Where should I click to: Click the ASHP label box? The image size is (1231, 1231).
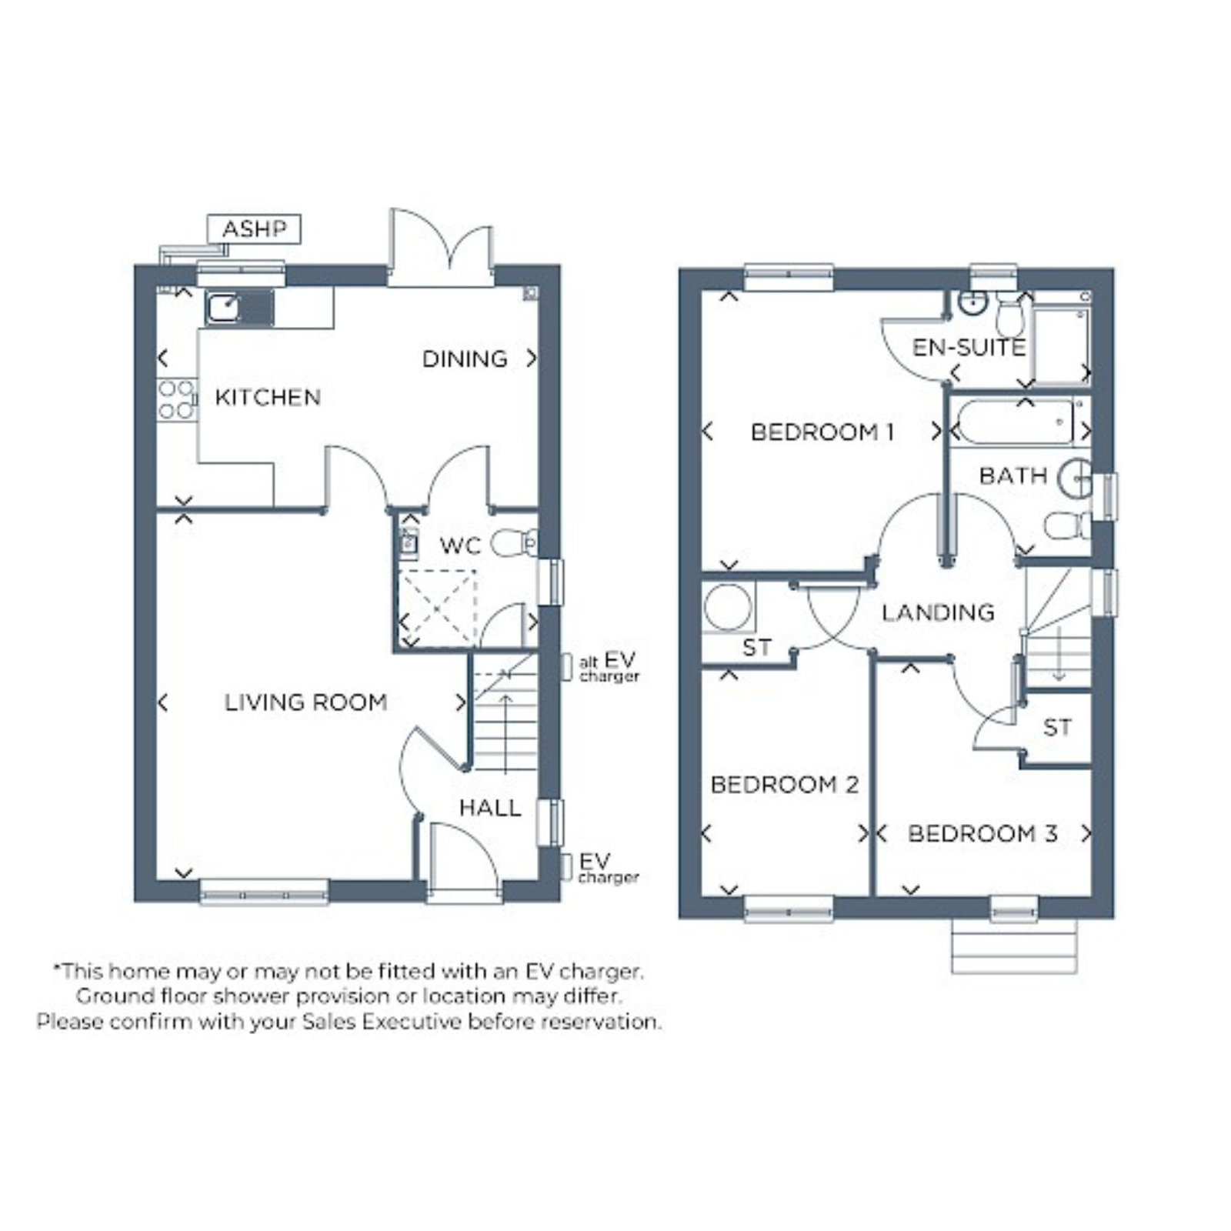[x=254, y=229]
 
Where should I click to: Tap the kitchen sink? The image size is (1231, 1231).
[x=239, y=308]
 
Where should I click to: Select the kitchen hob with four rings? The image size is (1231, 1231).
[x=176, y=400]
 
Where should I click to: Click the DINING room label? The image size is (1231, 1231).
[x=465, y=359]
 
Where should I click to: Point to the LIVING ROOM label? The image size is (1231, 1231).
[x=305, y=702]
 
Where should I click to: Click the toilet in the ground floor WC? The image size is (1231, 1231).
[x=514, y=542]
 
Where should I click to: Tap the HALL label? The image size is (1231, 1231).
[x=490, y=808]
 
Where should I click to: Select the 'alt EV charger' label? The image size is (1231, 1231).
[x=609, y=667]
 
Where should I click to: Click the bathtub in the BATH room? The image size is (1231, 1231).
[x=1015, y=422]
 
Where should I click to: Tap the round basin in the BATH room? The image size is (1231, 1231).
[x=1075, y=479]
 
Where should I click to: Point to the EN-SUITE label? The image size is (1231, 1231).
[x=969, y=348]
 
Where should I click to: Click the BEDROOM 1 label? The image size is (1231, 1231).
[x=822, y=432]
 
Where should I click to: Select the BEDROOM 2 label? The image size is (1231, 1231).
[x=784, y=785]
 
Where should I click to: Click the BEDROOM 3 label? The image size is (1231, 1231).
[x=982, y=834]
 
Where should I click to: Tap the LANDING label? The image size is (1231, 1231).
[x=938, y=612]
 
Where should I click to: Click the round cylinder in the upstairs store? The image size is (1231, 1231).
[x=727, y=607]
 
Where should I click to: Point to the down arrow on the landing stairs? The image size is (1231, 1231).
[x=1059, y=655]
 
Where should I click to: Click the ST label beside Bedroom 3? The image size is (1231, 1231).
[x=1057, y=728]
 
